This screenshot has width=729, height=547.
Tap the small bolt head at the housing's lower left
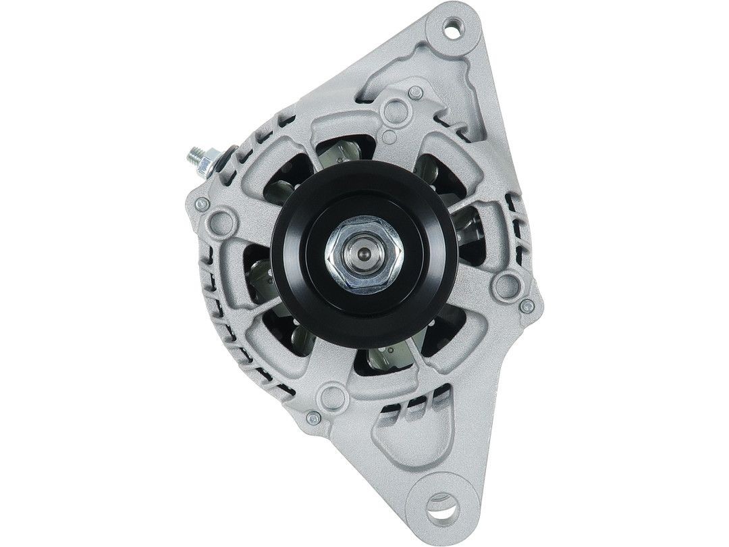click(312, 419)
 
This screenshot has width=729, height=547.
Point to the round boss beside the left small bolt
click(221, 220)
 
